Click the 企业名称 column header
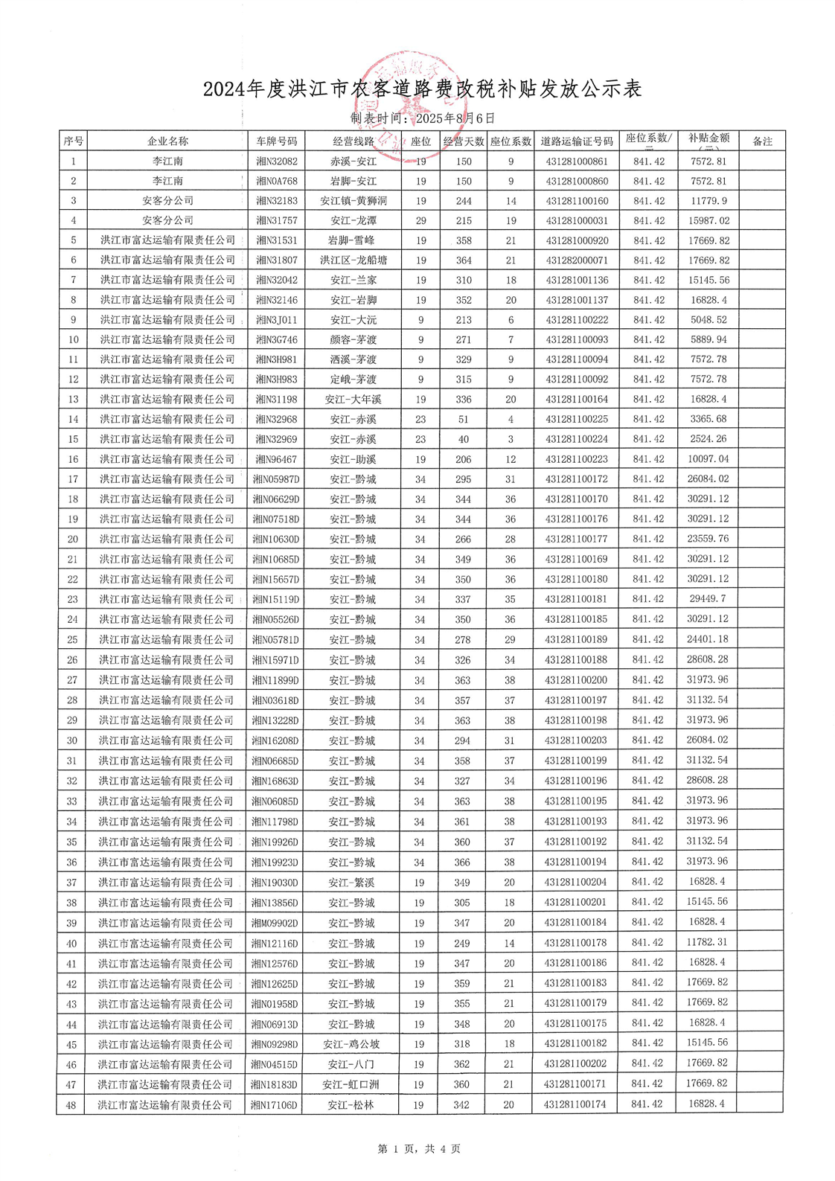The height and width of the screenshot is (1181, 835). (167, 141)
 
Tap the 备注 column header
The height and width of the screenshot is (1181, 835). (762, 141)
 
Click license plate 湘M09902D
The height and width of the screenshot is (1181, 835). (275, 923)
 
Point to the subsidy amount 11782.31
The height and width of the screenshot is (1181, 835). (707, 943)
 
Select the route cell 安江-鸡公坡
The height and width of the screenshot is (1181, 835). (351, 1044)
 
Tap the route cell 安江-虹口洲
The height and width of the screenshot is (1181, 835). (351, 1084)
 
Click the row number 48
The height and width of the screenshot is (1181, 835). (71, 1105)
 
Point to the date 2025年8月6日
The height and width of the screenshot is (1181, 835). (455, 118)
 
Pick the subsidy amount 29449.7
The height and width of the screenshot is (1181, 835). (708, 599)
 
